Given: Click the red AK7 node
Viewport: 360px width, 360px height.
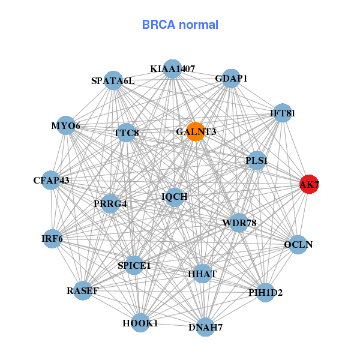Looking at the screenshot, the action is click(310, 184).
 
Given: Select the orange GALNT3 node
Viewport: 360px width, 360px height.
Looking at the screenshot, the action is click(196, 131).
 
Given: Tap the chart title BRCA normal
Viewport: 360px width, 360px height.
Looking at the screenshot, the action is click(180, 25).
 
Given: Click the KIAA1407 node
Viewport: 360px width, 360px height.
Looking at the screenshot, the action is click(172, 69).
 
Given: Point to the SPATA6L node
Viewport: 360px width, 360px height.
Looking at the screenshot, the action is click(113, 80).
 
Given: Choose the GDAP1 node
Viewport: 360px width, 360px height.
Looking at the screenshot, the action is click(231, 79).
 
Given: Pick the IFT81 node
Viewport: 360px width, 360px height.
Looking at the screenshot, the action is click(282, 113).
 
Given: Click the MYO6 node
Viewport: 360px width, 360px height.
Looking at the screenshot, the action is click(66, 125).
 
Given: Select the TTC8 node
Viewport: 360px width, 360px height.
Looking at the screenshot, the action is click(126, 133).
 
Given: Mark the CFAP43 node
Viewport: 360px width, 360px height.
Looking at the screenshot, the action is click(51, 180).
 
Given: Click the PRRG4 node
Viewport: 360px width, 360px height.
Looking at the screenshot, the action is click(110, 204).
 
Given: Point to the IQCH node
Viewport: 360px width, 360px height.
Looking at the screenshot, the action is click(175, 197).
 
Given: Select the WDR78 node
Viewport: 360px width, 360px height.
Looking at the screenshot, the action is click(239, 223).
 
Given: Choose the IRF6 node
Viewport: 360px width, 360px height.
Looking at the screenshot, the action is click(52, 239).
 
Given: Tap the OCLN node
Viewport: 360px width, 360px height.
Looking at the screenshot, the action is click(298, 245).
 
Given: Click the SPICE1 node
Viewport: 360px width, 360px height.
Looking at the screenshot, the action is click(134, 265).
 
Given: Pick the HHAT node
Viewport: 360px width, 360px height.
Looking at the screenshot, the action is click(202, 274).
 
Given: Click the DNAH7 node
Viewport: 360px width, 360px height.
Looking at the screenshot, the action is click(205, 327).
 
